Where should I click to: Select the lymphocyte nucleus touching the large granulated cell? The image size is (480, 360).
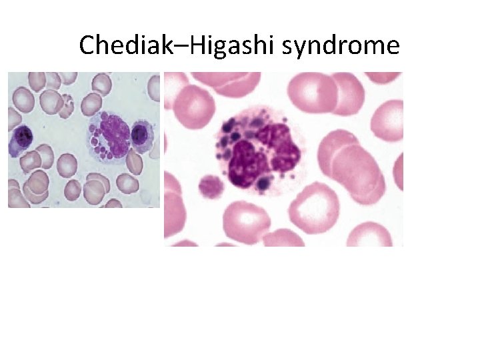[x=139, y=134]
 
